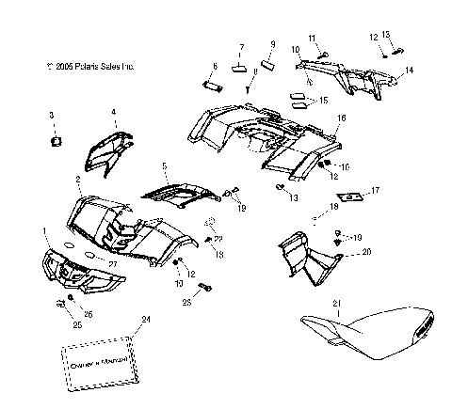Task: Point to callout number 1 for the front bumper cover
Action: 44,229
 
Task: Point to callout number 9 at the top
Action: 273,44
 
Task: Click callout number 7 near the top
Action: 241,45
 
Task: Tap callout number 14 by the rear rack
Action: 410,71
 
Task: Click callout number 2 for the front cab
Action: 77,179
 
